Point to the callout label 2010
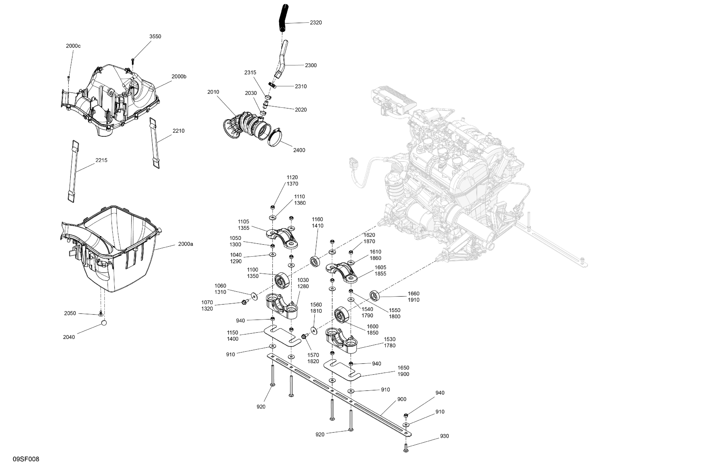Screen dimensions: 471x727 (x=213, y=92)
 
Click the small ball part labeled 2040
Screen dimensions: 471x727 (x=104, y=323)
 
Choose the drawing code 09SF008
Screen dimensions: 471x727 (x=26, y=459)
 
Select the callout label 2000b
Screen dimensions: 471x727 (x=179, y=77)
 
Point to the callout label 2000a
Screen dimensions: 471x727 (x=185, y=244)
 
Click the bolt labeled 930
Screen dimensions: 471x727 (x=406, y=448)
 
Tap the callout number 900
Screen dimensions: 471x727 (x=402, y=399)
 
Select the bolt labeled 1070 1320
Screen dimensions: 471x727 (x=244, y=302)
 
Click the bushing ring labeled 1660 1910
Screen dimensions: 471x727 (x=375, y=295)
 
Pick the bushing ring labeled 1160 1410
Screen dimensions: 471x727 (x=315, y=261)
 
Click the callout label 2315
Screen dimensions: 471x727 (x=250, y=73)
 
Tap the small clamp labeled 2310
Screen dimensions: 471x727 (x=272, y=85)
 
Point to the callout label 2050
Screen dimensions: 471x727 (x=70, y=313)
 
